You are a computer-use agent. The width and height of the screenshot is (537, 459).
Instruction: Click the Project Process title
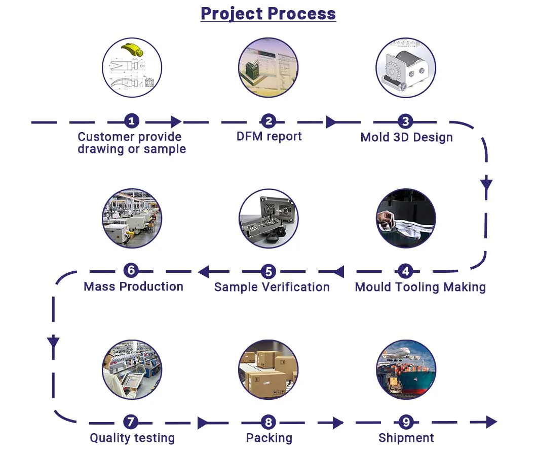[x=268, y=13]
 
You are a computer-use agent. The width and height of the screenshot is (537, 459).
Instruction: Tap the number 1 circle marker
[x=131, y=121]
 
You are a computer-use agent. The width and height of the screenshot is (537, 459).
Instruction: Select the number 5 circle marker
[x=269, y=272]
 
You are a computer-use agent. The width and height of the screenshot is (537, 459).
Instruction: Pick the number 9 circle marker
[x=405, y=422]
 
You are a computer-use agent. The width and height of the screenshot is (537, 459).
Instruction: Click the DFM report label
[x=269, y=136]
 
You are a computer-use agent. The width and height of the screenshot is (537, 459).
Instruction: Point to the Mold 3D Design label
[x=406, y=137]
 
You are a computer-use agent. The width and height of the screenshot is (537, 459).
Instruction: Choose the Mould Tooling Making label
[x=420, y=287]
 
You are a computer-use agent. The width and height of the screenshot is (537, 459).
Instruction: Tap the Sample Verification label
[x=272, y=287]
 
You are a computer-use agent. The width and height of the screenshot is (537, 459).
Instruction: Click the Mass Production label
[x=133, y=286]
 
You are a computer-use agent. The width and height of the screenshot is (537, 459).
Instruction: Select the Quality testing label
[x=132, y=438]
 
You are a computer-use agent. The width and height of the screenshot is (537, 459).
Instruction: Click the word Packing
[x=269, y=438]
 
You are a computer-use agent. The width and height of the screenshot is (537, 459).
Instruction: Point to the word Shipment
[x=406, y=438]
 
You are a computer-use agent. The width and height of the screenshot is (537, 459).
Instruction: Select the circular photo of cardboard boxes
[x=269, y=369]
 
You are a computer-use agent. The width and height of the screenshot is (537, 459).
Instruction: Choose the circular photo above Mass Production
[x=132, y=219]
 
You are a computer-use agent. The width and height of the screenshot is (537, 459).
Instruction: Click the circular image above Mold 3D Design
[x=405, y=68]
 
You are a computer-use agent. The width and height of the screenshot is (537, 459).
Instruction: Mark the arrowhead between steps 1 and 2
[x=176, y=121]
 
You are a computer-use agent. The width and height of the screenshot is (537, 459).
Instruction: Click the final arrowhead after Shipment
[x=491, y=422]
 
